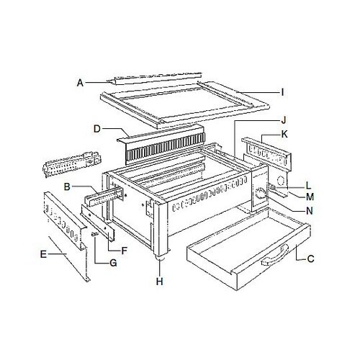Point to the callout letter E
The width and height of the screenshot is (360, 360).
pos(45,253)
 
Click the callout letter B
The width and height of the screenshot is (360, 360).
pos(66,187)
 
